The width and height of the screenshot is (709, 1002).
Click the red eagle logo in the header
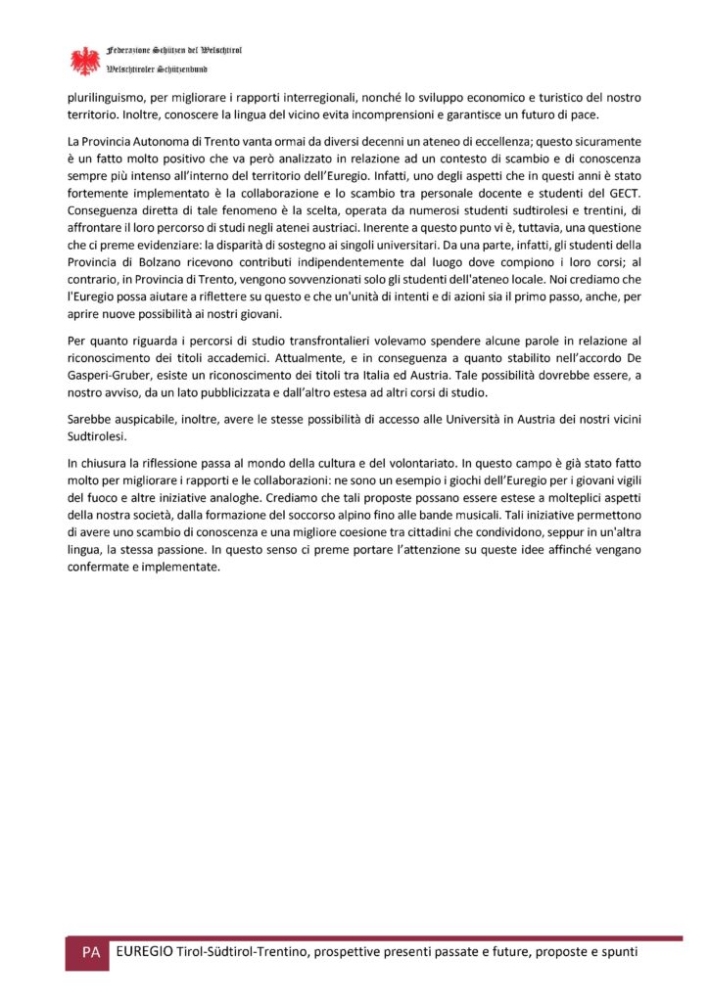tap(86, 61)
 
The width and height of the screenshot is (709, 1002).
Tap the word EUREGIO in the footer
tap(144, 952)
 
